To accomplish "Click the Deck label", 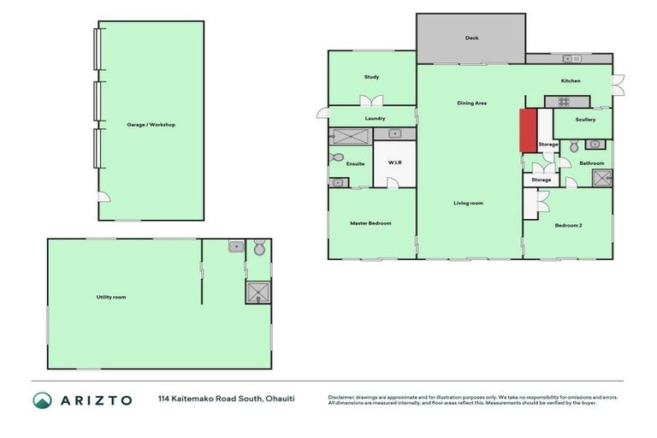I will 471,38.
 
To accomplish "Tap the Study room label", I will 371,77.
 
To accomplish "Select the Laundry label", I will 375,118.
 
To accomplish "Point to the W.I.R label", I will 395,162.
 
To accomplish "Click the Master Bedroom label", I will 370,223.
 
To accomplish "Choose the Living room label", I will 468,203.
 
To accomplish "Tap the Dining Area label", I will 471,103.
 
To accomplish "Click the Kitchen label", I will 571,81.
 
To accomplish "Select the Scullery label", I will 585,119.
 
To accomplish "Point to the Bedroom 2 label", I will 568,225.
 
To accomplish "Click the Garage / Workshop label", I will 151,125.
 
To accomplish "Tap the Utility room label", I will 111,297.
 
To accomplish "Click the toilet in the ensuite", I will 336,158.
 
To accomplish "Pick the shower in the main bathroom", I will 602,178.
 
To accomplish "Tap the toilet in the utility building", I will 258,248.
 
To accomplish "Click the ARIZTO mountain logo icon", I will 43,400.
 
